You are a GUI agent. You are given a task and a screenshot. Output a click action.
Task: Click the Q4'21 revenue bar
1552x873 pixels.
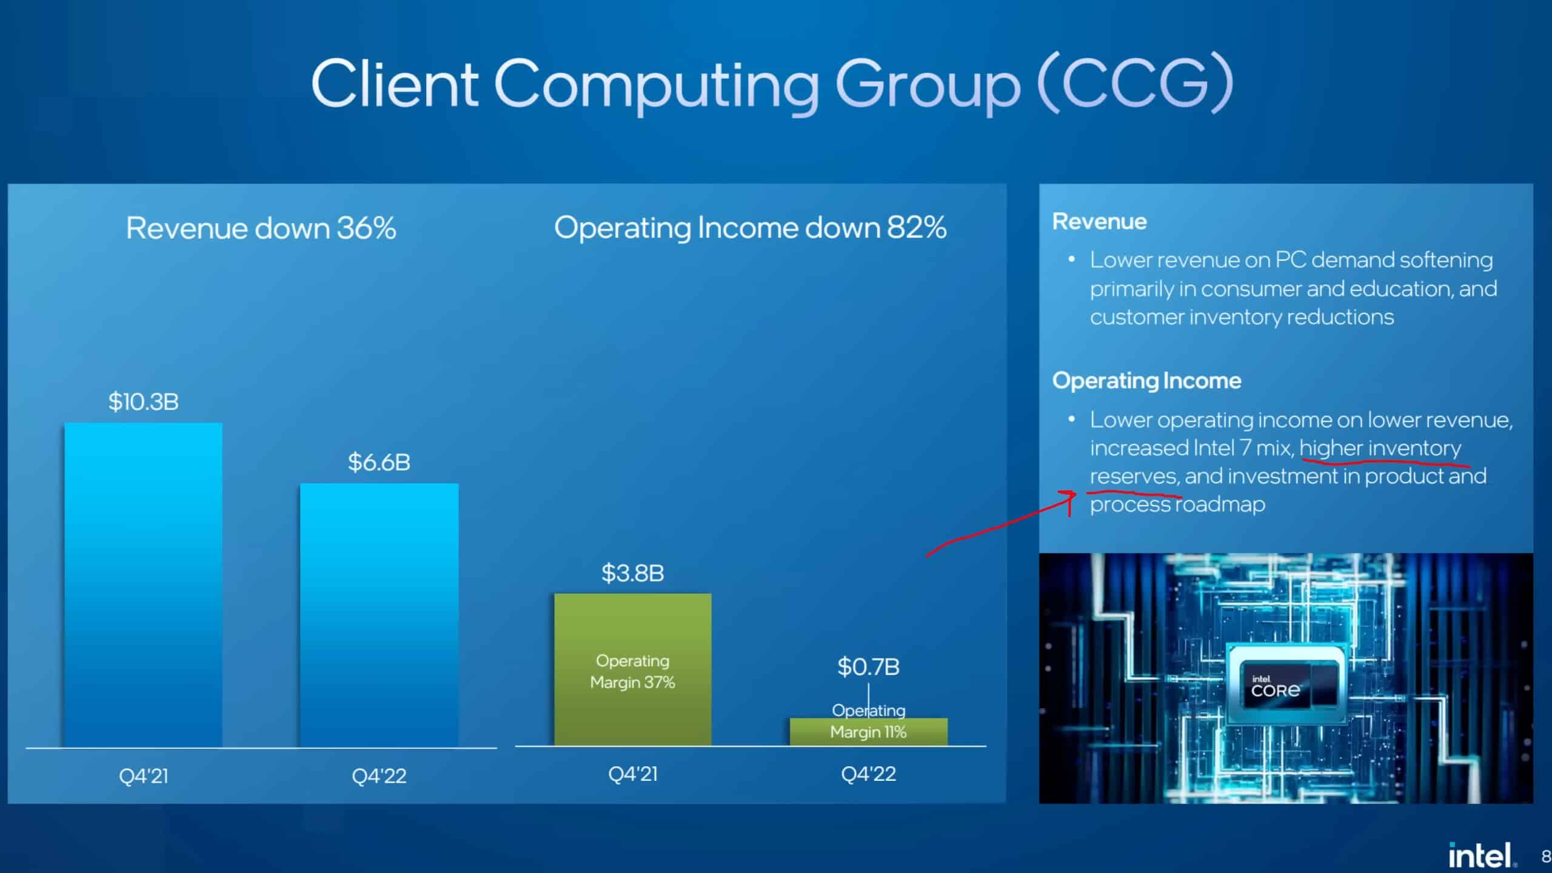tap(144, 585)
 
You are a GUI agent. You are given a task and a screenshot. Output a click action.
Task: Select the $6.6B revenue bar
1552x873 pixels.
tap(380, 615)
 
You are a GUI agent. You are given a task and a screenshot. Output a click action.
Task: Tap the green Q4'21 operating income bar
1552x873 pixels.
tap(633, 669)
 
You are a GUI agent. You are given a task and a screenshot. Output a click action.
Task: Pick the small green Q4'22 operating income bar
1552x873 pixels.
tap(869, 732)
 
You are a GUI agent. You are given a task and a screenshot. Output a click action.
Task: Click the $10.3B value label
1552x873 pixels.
tap(144, 401)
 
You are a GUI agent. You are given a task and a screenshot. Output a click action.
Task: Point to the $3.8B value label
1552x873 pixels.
tap(633, 573)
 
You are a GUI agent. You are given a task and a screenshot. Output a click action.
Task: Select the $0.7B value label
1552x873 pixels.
tap(869, 667)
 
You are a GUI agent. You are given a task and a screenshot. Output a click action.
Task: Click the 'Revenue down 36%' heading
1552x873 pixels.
tap(261, 229)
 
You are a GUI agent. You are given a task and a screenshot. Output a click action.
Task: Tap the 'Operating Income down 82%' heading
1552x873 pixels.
tap(751, 228)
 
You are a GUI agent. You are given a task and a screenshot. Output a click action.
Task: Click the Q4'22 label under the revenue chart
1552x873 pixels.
tap(380, 776)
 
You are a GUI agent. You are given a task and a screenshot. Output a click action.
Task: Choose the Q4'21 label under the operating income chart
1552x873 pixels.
tap(633, 774)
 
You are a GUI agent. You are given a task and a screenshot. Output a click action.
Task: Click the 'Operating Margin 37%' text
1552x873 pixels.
tap(633, 671)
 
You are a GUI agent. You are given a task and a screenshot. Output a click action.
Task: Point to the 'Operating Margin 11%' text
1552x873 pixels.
tap(869, 721)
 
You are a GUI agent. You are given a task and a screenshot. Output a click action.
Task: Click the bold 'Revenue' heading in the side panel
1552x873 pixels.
tap(1100, 222)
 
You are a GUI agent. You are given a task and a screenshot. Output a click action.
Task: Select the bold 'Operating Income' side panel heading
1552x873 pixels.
tap(1147, 381)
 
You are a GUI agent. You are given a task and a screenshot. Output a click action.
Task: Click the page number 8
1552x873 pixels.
tap(1546, 856)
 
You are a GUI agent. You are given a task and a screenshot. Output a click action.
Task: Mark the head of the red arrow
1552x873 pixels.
tap(1075, 493)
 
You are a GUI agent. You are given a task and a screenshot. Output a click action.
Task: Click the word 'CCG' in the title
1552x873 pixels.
tap(1136, 84)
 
